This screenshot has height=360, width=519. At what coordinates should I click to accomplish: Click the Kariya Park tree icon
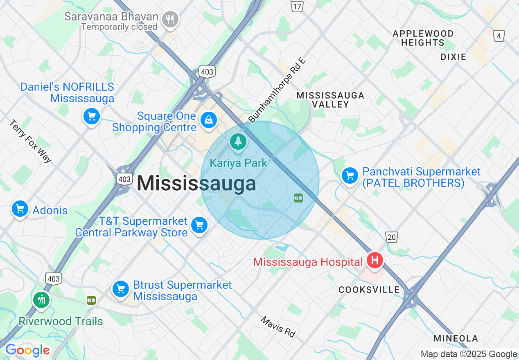pos(238,142)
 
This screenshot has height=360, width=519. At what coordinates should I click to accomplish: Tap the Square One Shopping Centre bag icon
pos(208,120)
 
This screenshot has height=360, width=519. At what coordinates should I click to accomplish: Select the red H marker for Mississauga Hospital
pos(374,260)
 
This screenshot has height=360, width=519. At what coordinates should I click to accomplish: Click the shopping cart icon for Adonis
pos(20,209)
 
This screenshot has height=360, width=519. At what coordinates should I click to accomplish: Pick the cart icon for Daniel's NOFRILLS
pos(92,117)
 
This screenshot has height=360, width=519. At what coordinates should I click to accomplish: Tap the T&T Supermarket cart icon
pos(199,225)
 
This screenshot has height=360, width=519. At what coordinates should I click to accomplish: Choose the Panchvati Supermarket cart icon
pos(350,176)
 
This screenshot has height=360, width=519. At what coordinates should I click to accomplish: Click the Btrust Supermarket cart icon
pos(121,289)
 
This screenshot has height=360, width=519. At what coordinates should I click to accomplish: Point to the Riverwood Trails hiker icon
pos(41,300)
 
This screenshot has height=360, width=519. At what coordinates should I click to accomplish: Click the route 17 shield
pos(297,6)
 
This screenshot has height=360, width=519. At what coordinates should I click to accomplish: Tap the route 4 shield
pos(499,36)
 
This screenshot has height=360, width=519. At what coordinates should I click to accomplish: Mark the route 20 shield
pos(391,236)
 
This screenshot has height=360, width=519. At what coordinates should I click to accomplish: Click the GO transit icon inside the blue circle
pos(298,198)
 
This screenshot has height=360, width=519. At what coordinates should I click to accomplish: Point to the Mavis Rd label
pos(278,326)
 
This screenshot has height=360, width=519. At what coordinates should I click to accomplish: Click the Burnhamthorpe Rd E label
pos(277,90)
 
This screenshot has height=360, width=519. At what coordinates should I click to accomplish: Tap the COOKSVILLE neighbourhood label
pos(369,290)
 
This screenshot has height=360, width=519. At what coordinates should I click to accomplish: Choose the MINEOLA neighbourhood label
pos(456,338)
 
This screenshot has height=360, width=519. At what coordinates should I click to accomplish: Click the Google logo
pos(27,351)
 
